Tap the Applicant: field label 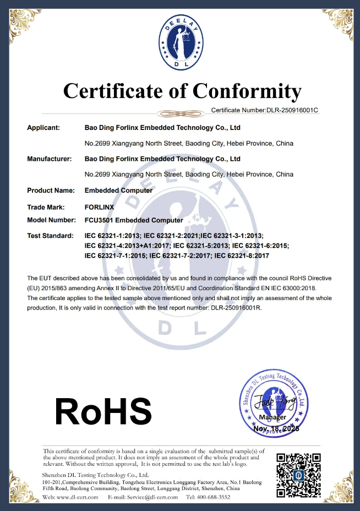pos(43,128)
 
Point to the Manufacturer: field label pos(50,159)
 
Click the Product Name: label pos(51,191)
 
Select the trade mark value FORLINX pos(100,207)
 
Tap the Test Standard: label pos(50,236)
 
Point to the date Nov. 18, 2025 pos(275,428)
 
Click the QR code pos(298,475)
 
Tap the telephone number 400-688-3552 pos(216,497)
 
